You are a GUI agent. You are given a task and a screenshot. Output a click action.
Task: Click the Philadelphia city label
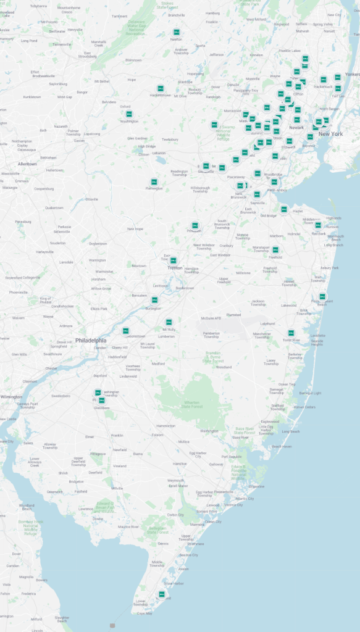pos(91,340)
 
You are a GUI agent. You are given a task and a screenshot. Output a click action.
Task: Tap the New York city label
pos(330,134)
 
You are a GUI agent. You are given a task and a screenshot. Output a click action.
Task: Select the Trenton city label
pos(175,268)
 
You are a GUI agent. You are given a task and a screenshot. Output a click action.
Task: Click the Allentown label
pos(27,164)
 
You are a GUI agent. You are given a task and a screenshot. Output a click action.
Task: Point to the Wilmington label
pos(11,396)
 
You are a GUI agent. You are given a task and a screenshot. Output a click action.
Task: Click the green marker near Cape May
pos(162,594)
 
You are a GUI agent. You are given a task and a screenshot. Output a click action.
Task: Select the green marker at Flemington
pos(154,181)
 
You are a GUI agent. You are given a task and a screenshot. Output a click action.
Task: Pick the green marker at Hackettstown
pos(161,88)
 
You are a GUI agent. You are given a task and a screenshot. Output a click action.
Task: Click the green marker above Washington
pos(129,114)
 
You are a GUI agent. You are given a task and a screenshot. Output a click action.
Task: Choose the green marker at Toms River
pos(291,333)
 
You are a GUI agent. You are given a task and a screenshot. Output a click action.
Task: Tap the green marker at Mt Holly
pos(168,322)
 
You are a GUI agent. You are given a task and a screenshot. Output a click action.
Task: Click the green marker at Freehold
pos(275,249)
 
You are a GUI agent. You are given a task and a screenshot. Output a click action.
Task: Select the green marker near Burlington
pos(155,299)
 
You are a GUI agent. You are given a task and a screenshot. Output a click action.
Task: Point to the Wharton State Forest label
pos(192,404)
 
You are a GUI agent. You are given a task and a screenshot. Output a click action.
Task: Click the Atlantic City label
pos(245,499)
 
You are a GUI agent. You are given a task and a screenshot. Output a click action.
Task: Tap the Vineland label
pos(120,465)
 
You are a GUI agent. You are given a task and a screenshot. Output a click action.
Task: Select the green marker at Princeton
pos(195,225)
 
